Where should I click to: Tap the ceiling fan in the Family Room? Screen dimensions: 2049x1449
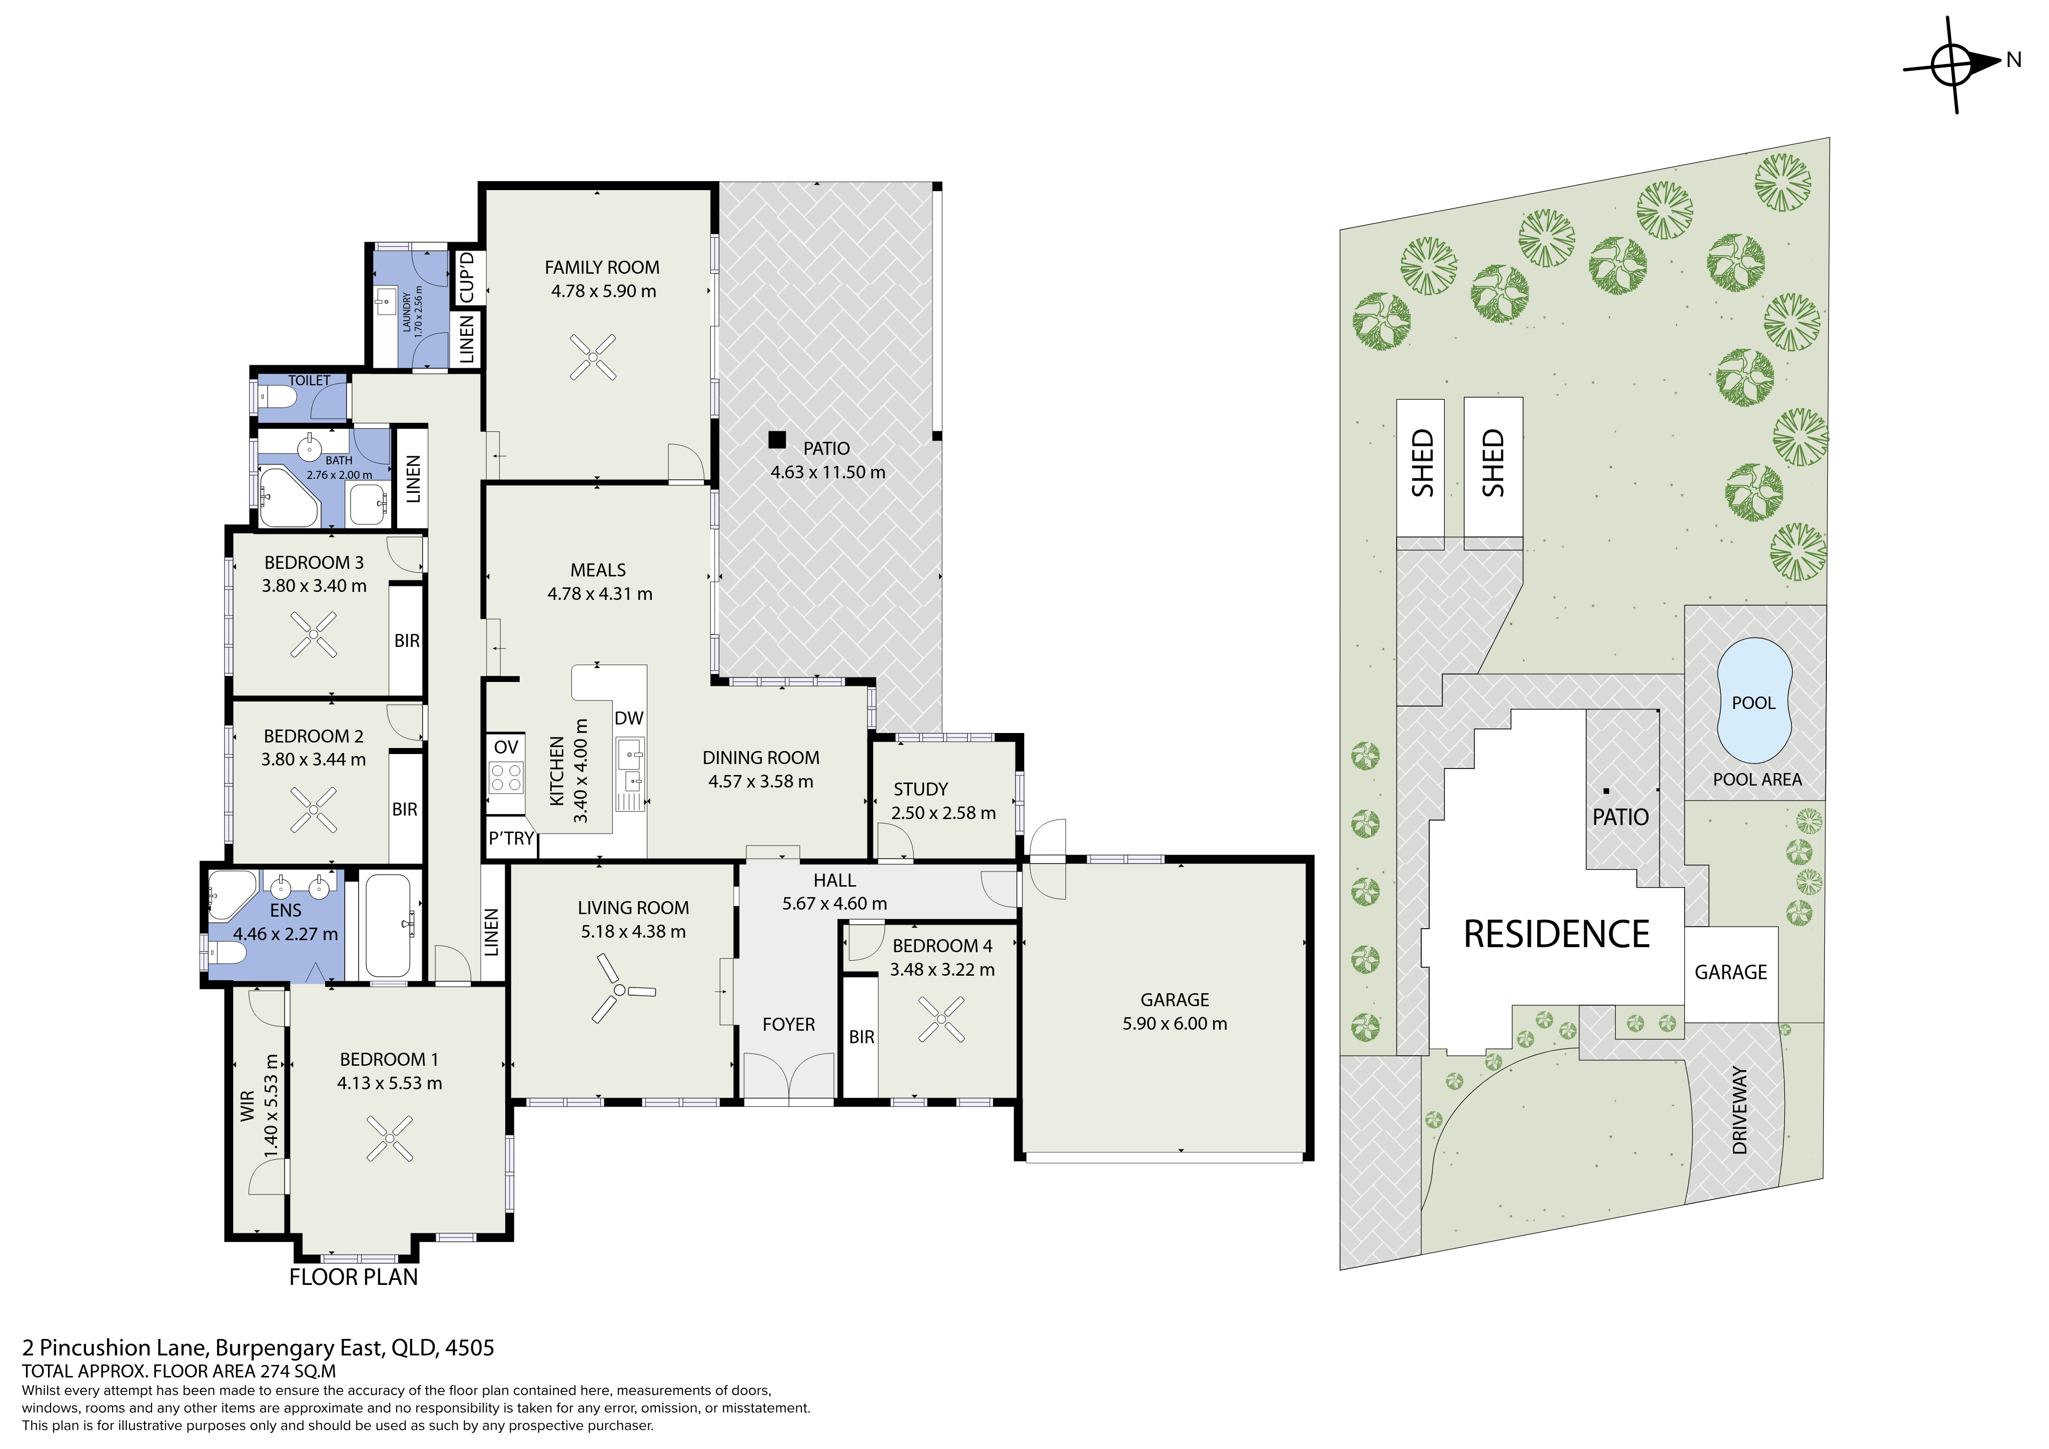(593, 357)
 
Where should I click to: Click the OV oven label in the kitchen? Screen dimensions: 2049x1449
(506, 748)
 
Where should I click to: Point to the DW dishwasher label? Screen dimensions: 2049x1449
(629, 718)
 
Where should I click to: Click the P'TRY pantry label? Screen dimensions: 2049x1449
(511, 839)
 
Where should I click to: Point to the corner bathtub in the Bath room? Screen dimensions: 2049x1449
(288, 496)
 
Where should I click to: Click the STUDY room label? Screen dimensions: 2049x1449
(921, 789)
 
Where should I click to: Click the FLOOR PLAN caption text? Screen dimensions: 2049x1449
(353, 1277)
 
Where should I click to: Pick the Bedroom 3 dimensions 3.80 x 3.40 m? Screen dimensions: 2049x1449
(314, 586)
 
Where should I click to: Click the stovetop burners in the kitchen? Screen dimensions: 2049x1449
(506, 777)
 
